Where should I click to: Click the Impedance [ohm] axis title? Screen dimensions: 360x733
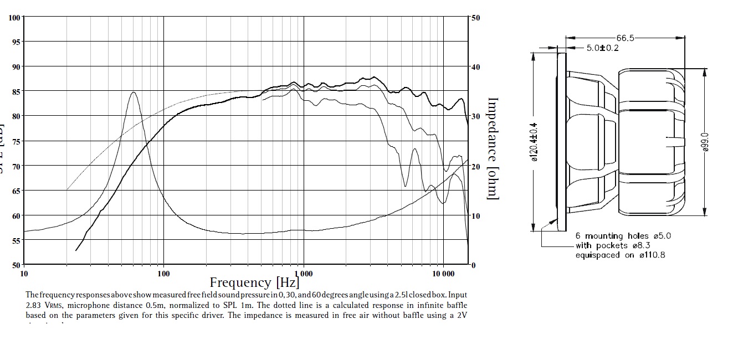(493, 148)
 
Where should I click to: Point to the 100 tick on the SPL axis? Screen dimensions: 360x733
(14, 18)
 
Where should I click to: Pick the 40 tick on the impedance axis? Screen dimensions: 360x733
(475, 67)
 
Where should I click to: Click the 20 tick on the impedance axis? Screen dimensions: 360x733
(475, 166)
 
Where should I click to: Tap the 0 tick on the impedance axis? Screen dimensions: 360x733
(473, 265)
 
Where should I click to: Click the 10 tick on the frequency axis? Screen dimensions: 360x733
(24, 274)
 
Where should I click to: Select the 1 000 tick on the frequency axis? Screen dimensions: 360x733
(303, 274)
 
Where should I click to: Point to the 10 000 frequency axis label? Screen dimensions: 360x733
(443, 274)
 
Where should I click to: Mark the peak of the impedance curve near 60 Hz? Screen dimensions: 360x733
(134, 92)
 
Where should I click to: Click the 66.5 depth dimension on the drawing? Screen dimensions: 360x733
(625, 38)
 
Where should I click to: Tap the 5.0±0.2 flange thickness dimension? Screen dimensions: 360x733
(603, 48)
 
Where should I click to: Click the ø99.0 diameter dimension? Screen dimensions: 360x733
(704, 142)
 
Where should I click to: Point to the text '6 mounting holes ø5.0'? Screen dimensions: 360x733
(623, 236)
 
